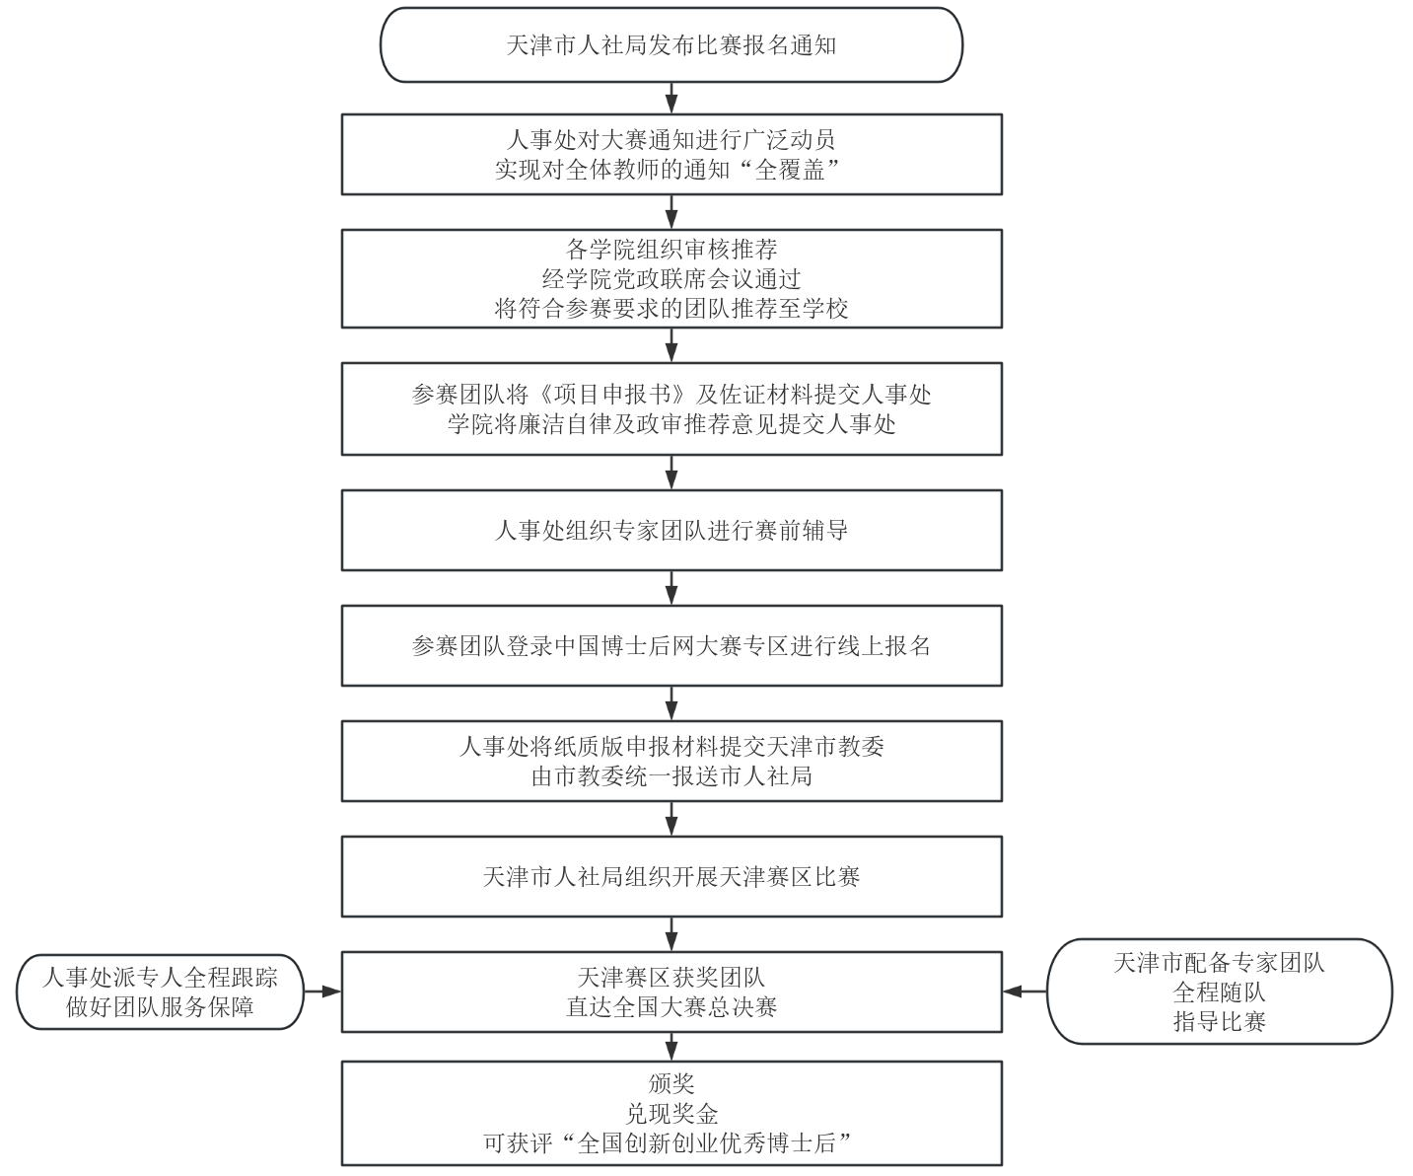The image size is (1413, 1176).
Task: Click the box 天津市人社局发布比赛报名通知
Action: coord(671,45)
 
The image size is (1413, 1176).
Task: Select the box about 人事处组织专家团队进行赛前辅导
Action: coord(671,530)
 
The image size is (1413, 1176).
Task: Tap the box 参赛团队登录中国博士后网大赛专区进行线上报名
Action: coord(671,646)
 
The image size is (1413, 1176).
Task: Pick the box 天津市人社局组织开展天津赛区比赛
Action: coord(671,877)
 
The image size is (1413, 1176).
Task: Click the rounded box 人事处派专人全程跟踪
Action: coord(160,992)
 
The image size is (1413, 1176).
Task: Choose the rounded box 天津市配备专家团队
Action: coord(1220,992)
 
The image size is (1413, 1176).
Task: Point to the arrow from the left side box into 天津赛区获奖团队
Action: coord(322,992)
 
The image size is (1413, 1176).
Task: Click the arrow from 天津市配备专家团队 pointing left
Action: coord(1024,992)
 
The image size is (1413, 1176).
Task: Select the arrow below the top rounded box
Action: coord(671,99)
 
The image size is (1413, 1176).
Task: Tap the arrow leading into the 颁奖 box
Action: coord(671,1047)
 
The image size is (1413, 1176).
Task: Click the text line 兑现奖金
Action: coord(671,1114)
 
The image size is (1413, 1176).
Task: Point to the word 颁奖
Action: coord(671,1084)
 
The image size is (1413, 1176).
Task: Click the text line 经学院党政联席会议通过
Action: coord(671,279)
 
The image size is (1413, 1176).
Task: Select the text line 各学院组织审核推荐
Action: coord(671,250)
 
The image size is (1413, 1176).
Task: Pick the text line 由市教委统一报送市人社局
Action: coord(671,775)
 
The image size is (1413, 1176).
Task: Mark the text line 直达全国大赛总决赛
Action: coord(671,1006)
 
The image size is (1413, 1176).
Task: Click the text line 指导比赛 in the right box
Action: coord(1220,1021)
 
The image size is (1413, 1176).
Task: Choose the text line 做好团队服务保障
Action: coord(160,1006)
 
